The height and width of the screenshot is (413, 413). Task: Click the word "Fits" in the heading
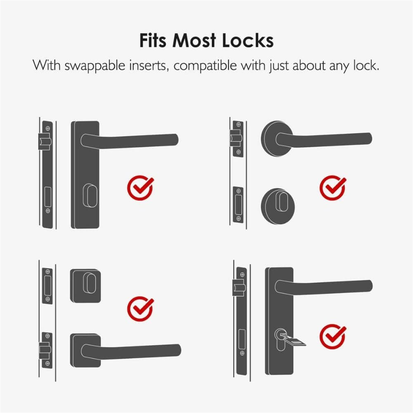tap(152, 40)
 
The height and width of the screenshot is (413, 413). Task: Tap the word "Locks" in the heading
tap(248, 40)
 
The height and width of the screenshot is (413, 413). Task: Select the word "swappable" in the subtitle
tap(95, 66)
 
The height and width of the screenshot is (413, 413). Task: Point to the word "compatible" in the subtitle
tap(205, 66)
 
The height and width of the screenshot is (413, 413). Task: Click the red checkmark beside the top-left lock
tap(140, 188)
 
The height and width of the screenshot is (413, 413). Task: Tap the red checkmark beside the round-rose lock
tap(333, 188)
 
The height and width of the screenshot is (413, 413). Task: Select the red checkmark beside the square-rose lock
tap(140, 309)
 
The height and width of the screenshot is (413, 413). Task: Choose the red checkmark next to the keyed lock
tap(333, 337)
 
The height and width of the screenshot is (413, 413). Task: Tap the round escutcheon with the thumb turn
tap(278, 206)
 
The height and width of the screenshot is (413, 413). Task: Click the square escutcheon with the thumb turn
tap(85, 286)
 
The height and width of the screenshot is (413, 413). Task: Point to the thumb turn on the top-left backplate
tap(90, 195)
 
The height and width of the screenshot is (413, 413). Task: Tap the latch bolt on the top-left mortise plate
tap(45, 141)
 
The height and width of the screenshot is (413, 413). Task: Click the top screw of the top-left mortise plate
tap(48, 128)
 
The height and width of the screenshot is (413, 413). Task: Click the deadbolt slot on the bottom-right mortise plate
tap(242, 339)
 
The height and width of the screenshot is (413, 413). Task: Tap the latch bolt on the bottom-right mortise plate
tap(239, 288)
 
